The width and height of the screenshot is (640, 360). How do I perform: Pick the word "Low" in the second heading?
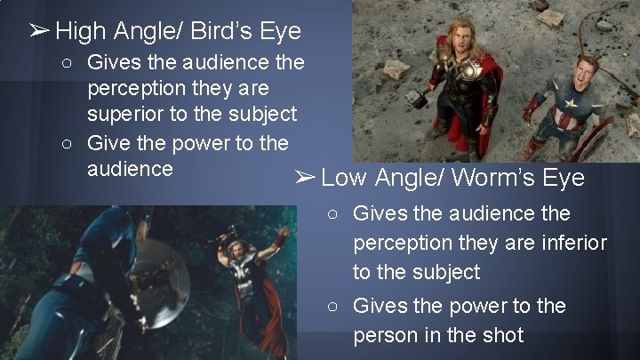tap(344, 178)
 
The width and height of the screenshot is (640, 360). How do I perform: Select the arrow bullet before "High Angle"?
tap(38, 33)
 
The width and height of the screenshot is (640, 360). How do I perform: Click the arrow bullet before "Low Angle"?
tap(305, 178)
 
